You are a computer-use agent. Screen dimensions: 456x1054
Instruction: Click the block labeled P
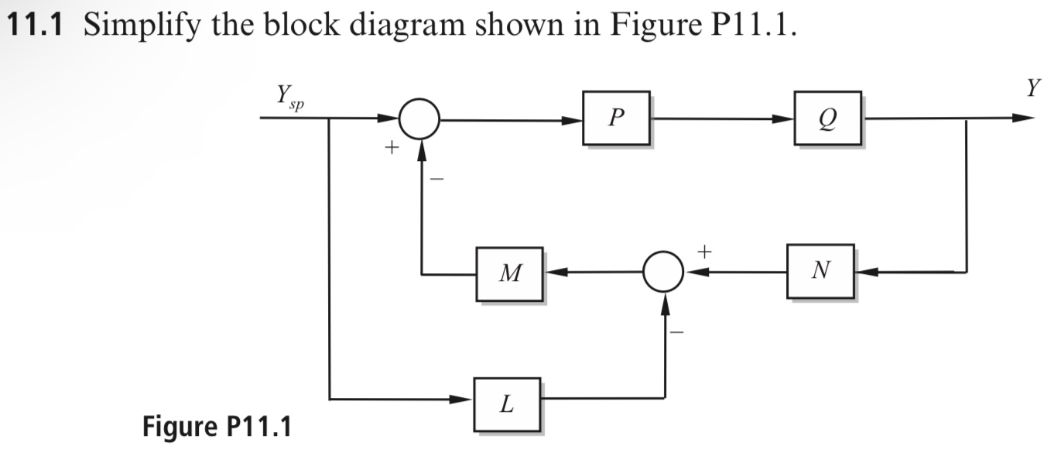(x=616, y=118)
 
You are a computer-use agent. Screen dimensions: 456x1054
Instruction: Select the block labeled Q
(x=826, y=118)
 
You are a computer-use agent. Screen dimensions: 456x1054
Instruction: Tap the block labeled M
(x=509, y=273)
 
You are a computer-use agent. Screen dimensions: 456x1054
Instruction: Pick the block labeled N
(x=820, y=271)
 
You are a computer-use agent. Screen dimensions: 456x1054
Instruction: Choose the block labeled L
(x=507, y=403)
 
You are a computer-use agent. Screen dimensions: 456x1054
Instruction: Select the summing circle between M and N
(x=664, y=273)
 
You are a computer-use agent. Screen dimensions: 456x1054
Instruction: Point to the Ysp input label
(x=286, y=98)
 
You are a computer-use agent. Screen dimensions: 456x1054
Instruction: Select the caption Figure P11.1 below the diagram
(x=217, y=425)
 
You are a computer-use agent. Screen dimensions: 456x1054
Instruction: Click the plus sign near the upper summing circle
(x=392, y=146)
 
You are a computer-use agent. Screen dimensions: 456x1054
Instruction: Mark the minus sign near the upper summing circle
(x=436, y=179)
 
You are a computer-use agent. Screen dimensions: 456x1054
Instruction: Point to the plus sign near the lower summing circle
(x=704, y=250)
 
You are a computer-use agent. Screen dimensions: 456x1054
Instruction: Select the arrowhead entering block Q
(x=785, y=119)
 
